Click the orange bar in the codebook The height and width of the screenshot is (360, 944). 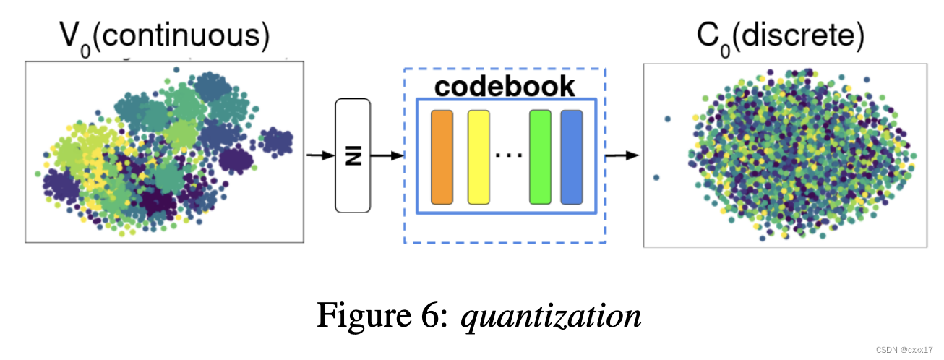(442, 157)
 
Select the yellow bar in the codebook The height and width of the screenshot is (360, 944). (479, 157)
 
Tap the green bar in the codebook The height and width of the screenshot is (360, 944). (540, 157)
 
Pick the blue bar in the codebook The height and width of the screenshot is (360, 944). (572, 157)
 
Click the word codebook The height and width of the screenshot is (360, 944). (505, 86)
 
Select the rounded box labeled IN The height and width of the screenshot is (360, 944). (353, 155)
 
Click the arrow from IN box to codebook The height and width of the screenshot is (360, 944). (387, 155)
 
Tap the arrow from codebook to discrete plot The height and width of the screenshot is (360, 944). (622, 155)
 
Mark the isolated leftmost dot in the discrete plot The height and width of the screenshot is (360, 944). (656, 177)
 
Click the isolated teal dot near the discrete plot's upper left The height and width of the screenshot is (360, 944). (667, 119)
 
